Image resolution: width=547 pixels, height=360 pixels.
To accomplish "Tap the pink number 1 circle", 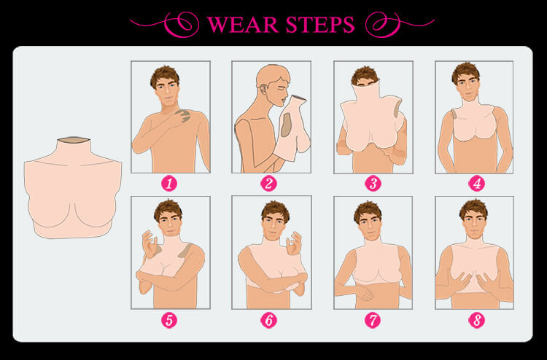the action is pyautogui.click(x=169, y=184).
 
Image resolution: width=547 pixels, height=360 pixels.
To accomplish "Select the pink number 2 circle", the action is pyautogui.click(x=268, y=184).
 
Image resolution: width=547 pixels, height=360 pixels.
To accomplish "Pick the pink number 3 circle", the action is pyautogui.click(x=373, y=184).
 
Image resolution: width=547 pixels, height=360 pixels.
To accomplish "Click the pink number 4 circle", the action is pyautogui.click(x=476, y=184).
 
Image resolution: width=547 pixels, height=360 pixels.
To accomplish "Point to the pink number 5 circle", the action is pyautogui.click(x=169, y=321).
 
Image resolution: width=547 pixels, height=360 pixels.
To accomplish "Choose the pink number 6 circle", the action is pyautogui.click(x=268, y=321).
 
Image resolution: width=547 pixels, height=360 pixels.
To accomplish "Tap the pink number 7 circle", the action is pyautogui.click(x=373, y=321).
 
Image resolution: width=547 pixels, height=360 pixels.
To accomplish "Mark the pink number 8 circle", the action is pyautogui.click(x=476, y=321).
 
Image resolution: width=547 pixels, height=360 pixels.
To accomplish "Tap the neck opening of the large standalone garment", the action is pyautogui.click(x=73, y=140).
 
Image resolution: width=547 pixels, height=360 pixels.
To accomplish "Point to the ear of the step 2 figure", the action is pyautogui.click(x=263, y=92).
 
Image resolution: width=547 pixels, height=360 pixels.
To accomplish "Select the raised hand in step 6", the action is pyautogui.click(x=294, y=243).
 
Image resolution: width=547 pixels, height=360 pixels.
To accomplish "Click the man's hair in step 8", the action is pyautogui.click(x=473, y=208).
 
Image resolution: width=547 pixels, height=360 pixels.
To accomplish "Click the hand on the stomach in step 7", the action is pyautogui.click(x=362, y=293).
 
